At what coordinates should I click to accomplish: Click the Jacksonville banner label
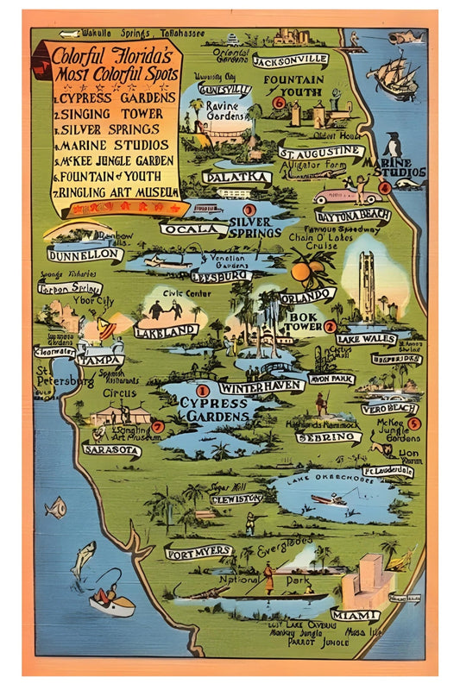291,60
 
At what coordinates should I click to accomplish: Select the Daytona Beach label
352,216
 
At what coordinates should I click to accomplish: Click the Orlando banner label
307,295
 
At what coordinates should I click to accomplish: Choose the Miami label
355,615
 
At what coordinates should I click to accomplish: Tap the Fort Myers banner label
198,551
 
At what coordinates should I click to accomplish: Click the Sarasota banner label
111,449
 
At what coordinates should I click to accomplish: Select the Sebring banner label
328,437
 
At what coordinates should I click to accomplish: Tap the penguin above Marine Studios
393,143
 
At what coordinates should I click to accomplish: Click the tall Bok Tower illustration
367,285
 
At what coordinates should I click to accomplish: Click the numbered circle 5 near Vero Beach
414,423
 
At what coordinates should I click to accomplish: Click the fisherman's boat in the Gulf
112,603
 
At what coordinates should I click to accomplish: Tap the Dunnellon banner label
85,255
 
